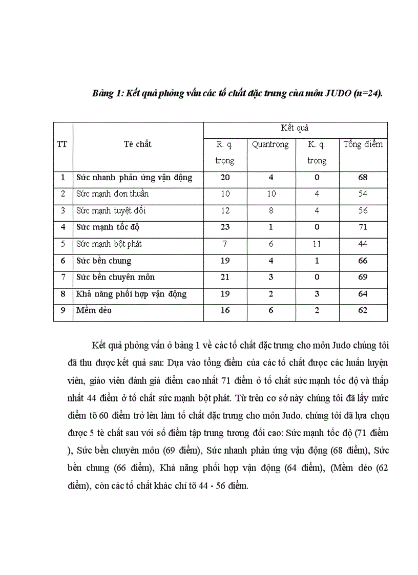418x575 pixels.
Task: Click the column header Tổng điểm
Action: coord(363,144)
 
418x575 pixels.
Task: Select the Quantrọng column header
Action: coord(270,144)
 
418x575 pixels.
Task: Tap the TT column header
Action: coord(62,144)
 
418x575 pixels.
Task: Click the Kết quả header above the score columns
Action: coord(295,128)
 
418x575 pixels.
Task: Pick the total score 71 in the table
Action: coord(363,227)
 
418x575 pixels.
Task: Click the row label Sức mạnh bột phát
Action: coord(109,244)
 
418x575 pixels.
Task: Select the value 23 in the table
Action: coord(224,227)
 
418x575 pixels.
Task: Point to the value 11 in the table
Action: coord(317,244)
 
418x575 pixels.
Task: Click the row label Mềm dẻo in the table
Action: coord(94,310)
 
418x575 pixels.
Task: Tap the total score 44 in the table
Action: coord(363,244)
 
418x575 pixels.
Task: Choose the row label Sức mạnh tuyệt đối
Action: coord(111,210)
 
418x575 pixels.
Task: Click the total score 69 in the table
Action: coord(363,277)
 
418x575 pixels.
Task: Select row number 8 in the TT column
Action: coord(63,294)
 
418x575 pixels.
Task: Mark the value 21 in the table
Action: coord(224,277)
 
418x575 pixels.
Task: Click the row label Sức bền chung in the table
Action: coord(104,261)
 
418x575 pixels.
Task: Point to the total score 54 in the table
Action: coord(363,194)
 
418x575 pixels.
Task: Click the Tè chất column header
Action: coord(137,144)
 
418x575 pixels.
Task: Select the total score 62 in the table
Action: coord(363,310)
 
